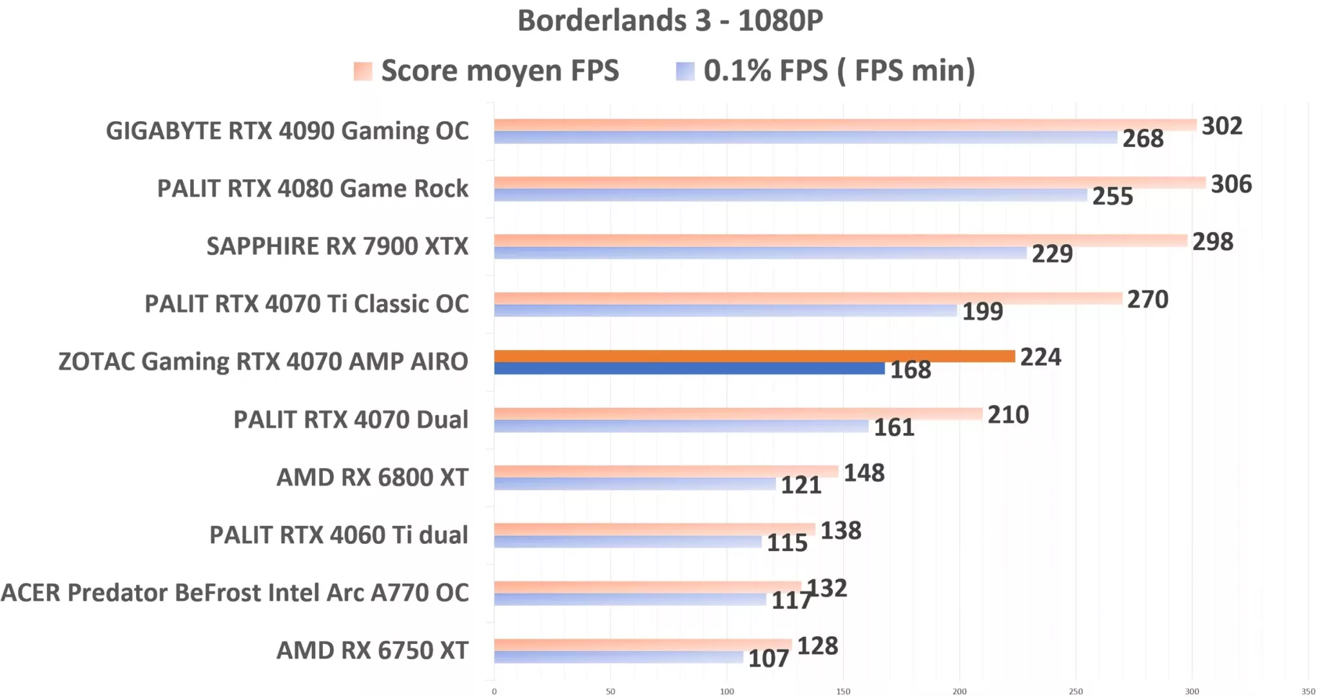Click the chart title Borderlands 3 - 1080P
click(670, 21)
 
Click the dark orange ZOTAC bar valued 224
click(754, 356)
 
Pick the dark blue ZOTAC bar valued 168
click(689, 369)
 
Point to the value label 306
click(1231, 184)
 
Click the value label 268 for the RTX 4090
click(1143, 139)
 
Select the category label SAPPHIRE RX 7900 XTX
click(337, 246)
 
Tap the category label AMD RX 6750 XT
click(372, 650)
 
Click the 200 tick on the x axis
click(959, 692)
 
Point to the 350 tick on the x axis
click(1308, 692)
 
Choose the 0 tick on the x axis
click(494, 692)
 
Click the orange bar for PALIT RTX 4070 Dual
click(738, 414)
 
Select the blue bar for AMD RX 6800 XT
click(635, 484)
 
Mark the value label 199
click(982, 312)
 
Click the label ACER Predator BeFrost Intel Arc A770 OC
click(235, 593)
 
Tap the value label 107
click(768, 659)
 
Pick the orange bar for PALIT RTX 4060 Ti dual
click(654, 529)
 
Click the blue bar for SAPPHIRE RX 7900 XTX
click(760, 253)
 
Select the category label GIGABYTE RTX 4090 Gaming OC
click(287, 131)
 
